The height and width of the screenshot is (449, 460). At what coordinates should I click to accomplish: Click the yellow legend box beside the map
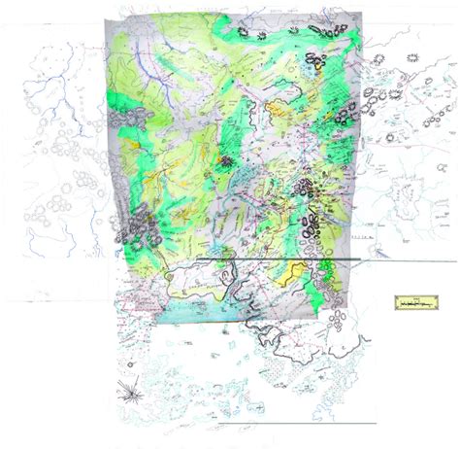pyautogui.click(x=418, y=305)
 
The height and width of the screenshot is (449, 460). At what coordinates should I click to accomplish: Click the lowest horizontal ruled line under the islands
pyautogui.click(x=291, y=425)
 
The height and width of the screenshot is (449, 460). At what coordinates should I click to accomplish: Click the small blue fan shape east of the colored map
pyautogui.click(x=374, y=97)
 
